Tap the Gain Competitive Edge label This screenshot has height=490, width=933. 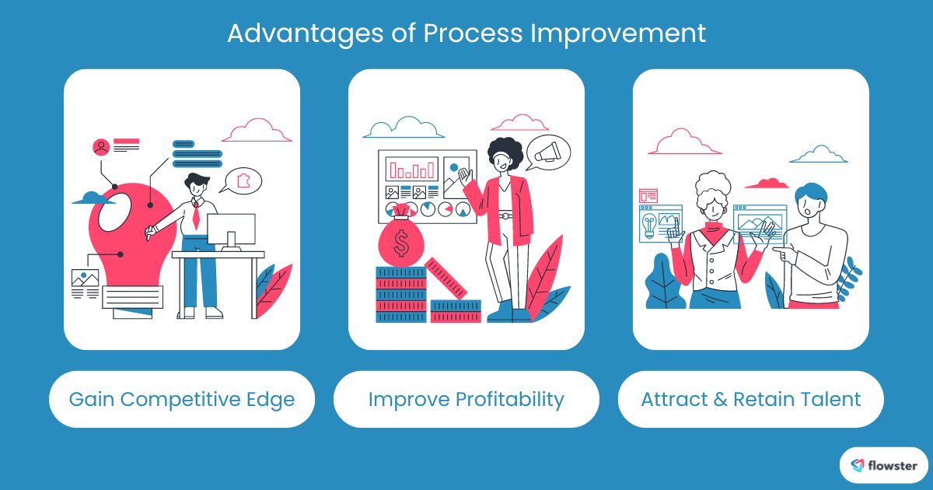pyautogui.click(x=182, y=400)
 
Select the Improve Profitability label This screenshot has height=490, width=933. pyautogui.click(x=466, y=400)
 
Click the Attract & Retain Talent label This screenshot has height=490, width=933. pyautogui.click(x=750, y=400)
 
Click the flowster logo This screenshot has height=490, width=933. pyautogui.click(x=884, y=466)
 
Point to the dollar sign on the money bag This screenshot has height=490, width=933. pyautogui.click(x=401, y=244)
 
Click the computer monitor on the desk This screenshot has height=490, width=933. pyautogui.click(x=231, y=230)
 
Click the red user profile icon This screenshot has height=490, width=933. pyautogui.click(x=100, y=146)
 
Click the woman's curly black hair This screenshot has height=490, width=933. pyautogui.click(x=505, y=151)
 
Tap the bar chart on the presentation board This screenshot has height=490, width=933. pyautogui.click(x=412, y=169)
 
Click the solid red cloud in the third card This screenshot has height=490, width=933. pyautogui.click(x=766, y=184)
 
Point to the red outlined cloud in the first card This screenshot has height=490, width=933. pyautogui.click(x=257, y=131)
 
